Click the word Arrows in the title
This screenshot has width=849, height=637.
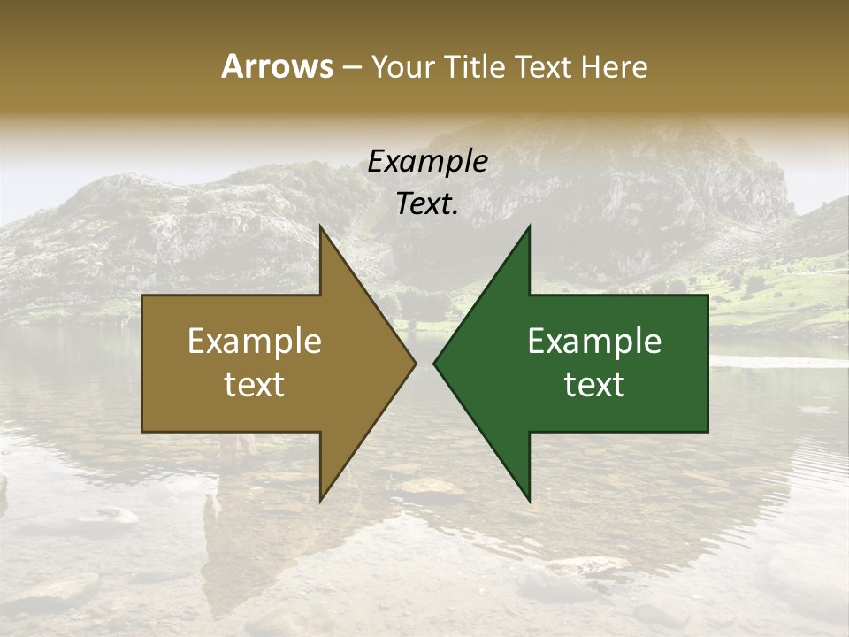276,66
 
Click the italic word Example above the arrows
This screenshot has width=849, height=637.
427,162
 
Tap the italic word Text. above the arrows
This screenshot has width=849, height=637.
427,203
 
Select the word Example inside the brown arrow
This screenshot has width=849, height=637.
255,341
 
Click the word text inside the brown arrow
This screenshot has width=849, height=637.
255,384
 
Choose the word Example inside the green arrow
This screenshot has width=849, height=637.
594,341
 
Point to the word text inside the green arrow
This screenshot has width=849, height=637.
594,384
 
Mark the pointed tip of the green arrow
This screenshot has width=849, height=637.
434,364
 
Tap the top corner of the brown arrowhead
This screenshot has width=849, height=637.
320,227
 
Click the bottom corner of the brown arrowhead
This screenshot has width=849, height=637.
320,501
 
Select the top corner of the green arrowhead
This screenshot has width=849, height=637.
529,227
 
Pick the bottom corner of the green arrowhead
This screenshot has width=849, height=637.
529,501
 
